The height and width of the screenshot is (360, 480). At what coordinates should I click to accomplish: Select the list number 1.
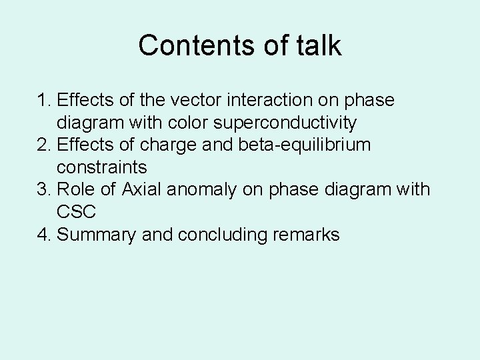point(44,101)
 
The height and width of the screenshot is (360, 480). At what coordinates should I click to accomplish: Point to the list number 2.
point(44,145)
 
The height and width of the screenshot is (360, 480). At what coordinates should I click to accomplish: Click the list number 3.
point(44,190)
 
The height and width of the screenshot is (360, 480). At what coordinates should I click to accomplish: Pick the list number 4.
point(44,235)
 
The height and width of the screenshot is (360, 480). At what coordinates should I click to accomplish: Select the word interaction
point(257,101)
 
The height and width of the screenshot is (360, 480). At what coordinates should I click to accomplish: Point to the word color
point(180,123)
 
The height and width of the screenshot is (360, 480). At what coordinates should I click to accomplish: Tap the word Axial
point(141,190)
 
